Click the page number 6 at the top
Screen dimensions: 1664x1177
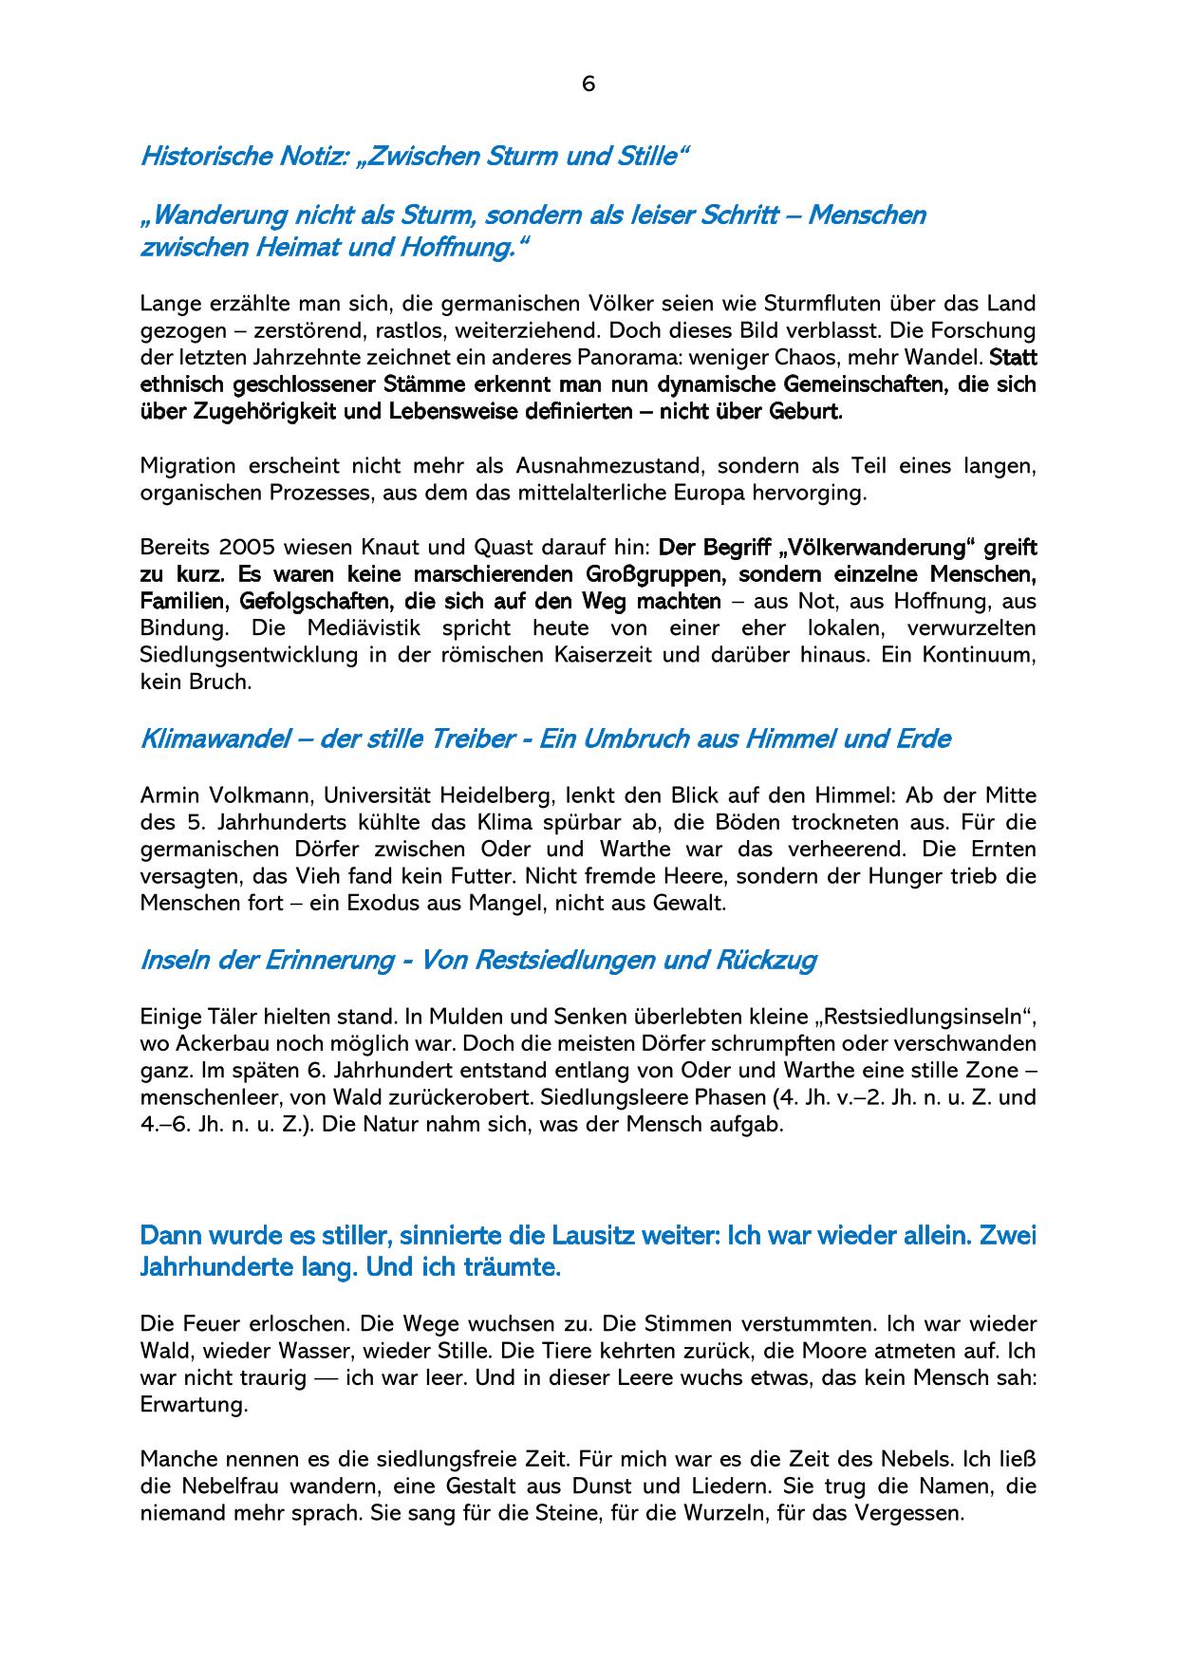(x=588, y=84)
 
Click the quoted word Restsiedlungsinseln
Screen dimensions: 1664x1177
(x=925, y=1017)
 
